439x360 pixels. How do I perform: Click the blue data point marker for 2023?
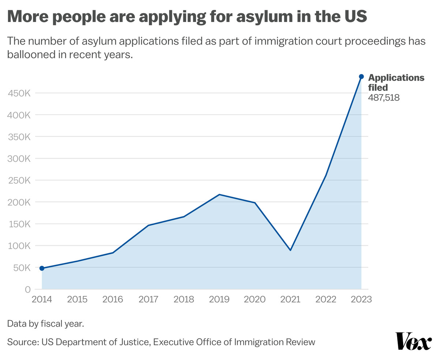click(x=361, y=77)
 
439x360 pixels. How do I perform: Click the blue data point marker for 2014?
click(x=42, y=268)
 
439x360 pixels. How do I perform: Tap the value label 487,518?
click(x=383, y=98)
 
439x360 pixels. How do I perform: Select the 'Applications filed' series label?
click(x=396, y=82)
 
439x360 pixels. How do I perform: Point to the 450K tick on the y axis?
click(x=19, y=93)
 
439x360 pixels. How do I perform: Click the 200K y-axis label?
click(x=19, y=202)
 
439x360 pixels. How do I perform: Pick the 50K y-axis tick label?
click(x=21, y=268)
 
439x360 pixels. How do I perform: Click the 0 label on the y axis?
click(x=28, y=289)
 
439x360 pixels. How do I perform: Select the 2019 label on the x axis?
click(x=219, y=300)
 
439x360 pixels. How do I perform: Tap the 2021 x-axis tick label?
click(x=290, y=300)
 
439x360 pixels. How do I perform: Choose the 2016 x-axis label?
click(x=113, y=300)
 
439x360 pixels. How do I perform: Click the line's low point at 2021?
click(x=290, y=250)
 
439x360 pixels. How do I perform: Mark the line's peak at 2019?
click(x=219, y=194)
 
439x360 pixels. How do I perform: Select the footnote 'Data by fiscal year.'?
click(x=46, y=324)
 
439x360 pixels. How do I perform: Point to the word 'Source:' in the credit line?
click(x=23, y=342)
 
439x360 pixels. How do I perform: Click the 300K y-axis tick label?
click(x=19, y=159)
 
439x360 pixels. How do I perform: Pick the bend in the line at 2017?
click(x=148, y=225)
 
